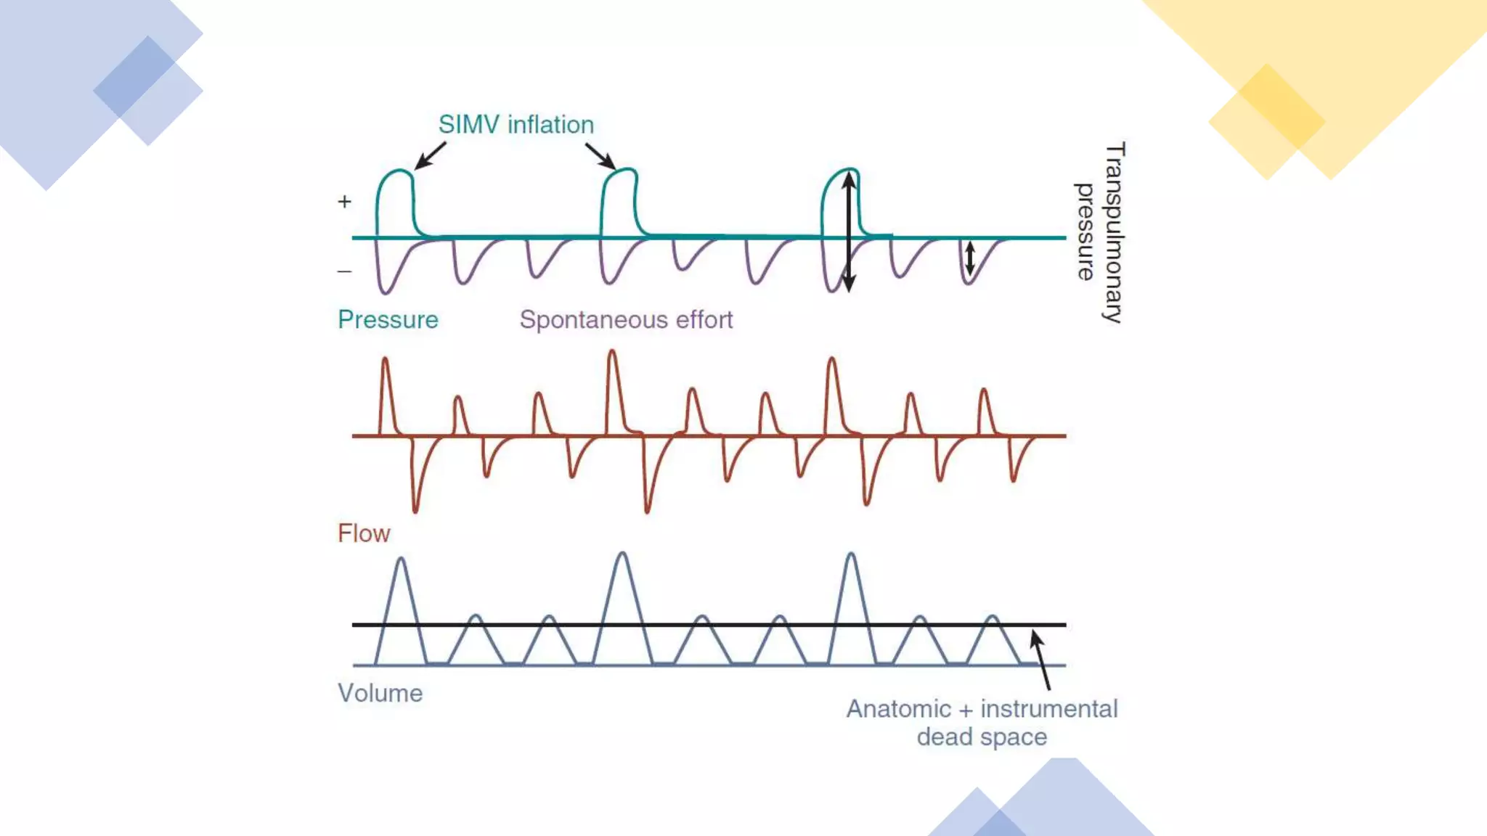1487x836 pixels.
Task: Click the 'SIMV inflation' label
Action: (x=516, y=125)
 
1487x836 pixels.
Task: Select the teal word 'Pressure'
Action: (x=388, y=320)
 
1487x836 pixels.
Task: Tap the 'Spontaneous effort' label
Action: (x=626, y=320)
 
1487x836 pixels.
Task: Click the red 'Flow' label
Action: (x=364, y=533)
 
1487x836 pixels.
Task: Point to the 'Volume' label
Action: (x=380, y=693)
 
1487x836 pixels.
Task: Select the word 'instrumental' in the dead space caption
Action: (x=1048, y=709)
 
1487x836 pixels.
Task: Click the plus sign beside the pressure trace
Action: (x=344, y=201)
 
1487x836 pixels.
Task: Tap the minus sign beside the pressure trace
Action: (x=344, y=271)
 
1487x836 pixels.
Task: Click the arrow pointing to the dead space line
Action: (x=1041, y=659)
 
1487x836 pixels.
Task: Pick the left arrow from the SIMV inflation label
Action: (x=430, y=155)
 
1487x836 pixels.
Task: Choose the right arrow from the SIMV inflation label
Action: (x=600, y=155)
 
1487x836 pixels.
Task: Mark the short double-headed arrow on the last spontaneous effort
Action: (x=969, y=258)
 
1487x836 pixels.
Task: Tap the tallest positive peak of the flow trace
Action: (x=612, y=353)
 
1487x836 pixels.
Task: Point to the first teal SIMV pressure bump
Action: (x=395, y=196)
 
